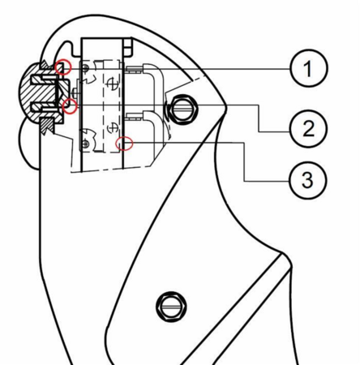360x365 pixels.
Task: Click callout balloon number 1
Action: click(x=308, y=68)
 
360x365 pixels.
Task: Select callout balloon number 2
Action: click(x=308, y=128)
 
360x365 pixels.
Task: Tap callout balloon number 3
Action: click(x=307, y=180)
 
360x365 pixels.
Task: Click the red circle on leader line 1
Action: click(x=63, y=67)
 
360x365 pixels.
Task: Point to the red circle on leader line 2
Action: click(x=70, y=106)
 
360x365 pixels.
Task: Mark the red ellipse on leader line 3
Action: click(x=124, y=144)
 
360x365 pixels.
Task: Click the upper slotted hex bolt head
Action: click(x=183, y=109)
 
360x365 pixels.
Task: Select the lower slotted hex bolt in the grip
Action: click(x=171, y=307)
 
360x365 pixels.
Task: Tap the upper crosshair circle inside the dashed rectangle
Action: click(x=111, y=84)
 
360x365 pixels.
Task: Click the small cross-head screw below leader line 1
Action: click(x=85, y=69)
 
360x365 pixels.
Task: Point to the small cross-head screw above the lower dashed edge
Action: click(x=85, y=144)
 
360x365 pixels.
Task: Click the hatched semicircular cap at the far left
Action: click(x=40, y=93)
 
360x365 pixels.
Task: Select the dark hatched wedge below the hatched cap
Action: click(x=47, y=125)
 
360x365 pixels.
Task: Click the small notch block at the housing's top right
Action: click(x=128, y=48)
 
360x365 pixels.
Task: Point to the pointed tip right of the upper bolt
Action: click(x=226, y=107)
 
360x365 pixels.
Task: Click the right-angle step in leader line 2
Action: click(x=259, y=105)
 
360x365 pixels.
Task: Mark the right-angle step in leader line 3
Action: click(x=244, y=143)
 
